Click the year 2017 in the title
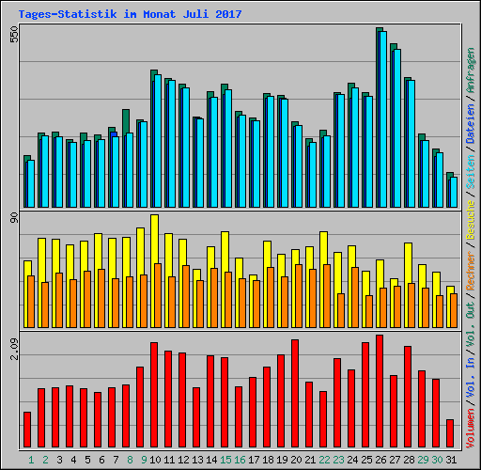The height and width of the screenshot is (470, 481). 225,14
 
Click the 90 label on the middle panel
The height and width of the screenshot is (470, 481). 13,219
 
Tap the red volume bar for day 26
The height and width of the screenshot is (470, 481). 380,391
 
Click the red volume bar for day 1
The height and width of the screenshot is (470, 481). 27,430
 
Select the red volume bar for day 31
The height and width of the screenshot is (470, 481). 450,433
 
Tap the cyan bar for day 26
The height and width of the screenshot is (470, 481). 383,117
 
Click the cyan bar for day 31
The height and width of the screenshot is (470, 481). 454,192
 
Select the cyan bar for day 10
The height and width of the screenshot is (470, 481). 158,141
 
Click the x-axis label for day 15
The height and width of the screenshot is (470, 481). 225,460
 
